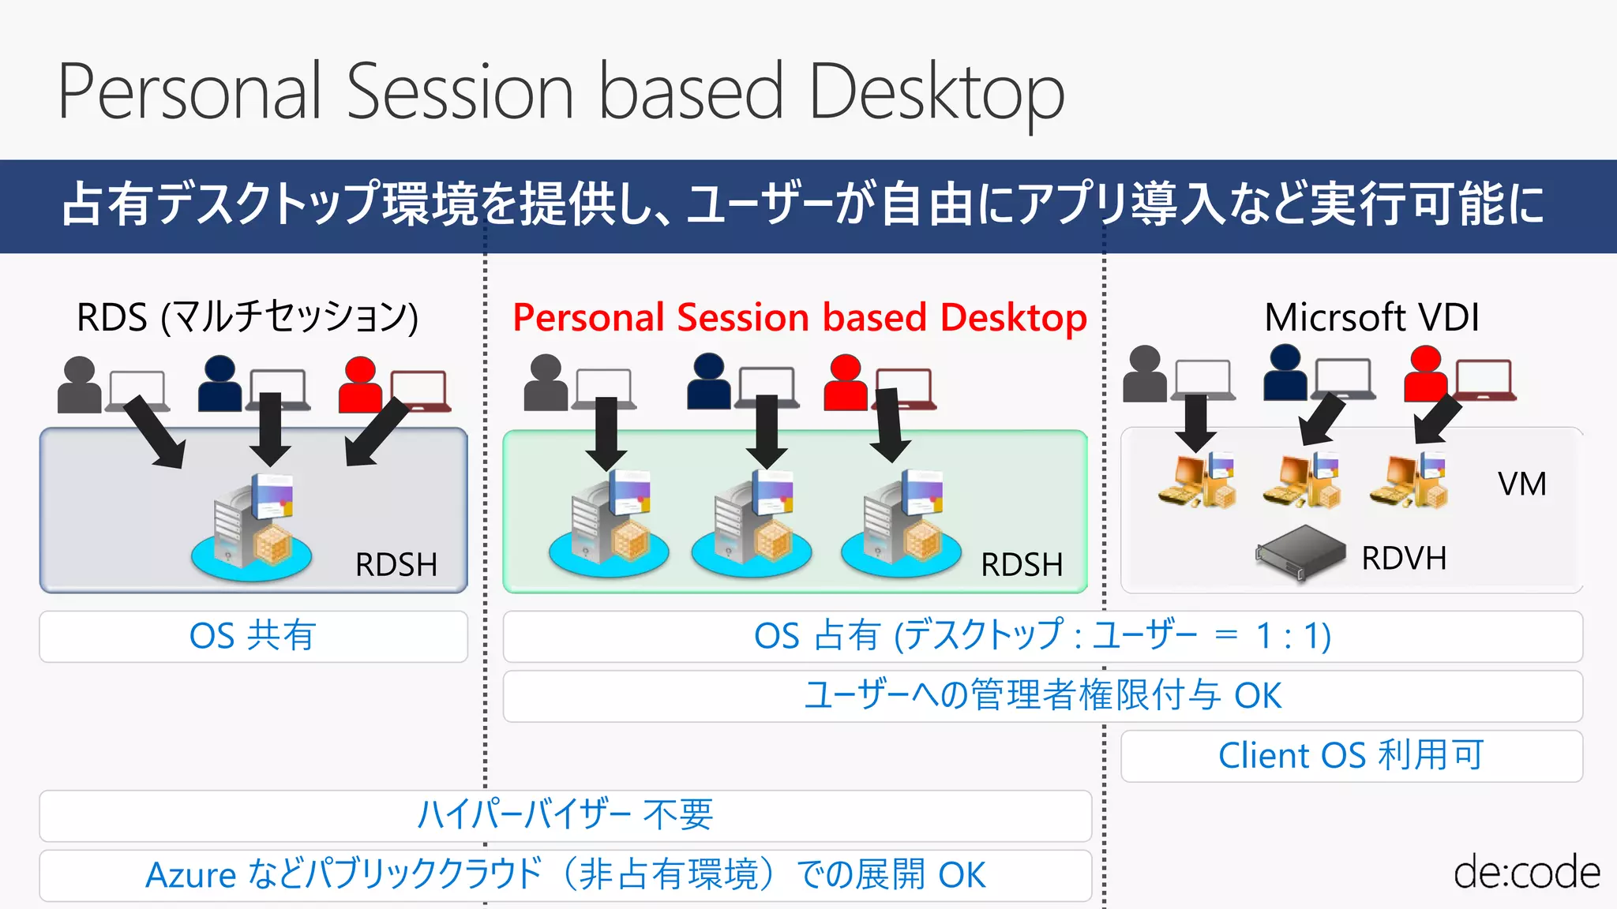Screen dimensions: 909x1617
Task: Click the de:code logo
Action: click(x=1526, y=873)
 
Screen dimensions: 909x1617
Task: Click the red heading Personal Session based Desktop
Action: click(x=799, y=318)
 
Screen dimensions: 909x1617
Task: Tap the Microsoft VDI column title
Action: click(x=1371, y=317)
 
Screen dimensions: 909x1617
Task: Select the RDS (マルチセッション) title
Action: click(x=247, y=317)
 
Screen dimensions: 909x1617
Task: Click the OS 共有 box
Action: click(x=253, y=636)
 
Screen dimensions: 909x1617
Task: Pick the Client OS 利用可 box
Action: click(x=1351, y=756)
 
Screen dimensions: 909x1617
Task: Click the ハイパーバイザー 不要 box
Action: click(x=565, y=815)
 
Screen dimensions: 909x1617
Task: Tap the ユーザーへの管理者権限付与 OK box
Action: click(x=1042, y=696)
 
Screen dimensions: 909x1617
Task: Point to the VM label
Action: click(x=1521, y=484)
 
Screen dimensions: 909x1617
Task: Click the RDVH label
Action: click(x=1404, y=559)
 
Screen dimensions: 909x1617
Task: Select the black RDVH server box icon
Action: click(x=1301, y=553)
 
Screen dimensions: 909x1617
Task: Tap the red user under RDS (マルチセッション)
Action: click(x=360, y=385)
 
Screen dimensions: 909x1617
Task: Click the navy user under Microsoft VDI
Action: click(x=1285, y=373)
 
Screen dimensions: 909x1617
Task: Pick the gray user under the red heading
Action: click(x=546, y=383)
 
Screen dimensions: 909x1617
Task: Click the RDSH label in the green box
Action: click(x=1021, y=565)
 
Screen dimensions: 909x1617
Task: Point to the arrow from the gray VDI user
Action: click(x=1195, y=421)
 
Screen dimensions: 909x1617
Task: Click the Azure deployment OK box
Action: click(x=565, y=875)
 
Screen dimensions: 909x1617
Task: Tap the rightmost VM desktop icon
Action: click(x=1409, y=481)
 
